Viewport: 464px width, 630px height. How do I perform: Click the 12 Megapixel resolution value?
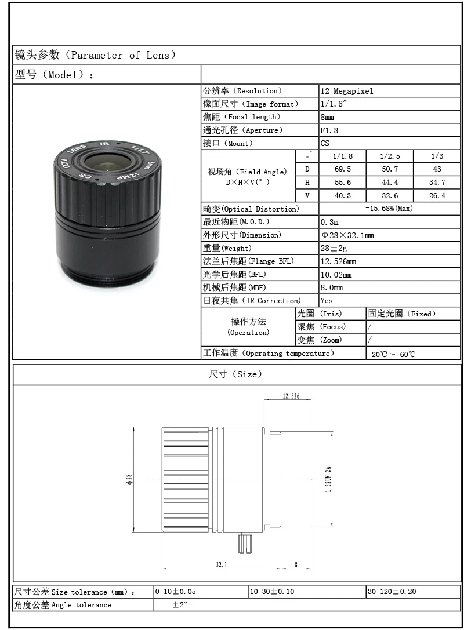coord(347,91)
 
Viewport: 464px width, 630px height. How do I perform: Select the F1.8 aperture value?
coord(329,130)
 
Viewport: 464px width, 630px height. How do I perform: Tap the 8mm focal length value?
coord(327,117)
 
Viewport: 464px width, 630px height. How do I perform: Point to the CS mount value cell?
coord(325,143)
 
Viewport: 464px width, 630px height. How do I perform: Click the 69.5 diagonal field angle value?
coord(343,169)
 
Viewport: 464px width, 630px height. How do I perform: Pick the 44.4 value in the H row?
coord(390,183)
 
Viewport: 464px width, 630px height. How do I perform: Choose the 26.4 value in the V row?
coord(437,196)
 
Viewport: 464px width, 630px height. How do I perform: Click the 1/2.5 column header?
coord(390,156)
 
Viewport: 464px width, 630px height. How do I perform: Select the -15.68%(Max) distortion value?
coord(389,209)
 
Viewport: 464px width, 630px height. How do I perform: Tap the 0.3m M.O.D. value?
coord(329,222)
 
